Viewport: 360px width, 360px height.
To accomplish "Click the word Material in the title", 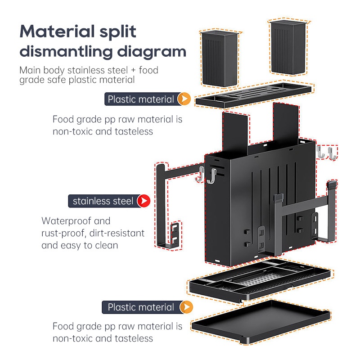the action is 57,31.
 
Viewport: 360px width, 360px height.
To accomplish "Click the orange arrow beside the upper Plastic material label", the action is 184,99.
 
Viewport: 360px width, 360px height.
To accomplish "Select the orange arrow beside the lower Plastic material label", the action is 186,307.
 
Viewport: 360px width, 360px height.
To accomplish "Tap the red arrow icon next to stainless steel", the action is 144,201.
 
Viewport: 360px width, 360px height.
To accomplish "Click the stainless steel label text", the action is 103,201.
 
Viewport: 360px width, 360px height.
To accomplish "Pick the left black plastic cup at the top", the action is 220,59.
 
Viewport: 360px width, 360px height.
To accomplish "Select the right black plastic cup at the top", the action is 288,47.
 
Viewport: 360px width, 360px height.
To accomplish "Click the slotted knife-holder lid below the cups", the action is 253,95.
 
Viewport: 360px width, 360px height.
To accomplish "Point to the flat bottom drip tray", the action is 261,322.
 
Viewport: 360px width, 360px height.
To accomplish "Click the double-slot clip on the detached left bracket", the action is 175,234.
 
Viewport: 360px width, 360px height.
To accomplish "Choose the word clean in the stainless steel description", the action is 107,245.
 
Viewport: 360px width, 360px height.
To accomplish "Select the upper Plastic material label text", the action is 141,99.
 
